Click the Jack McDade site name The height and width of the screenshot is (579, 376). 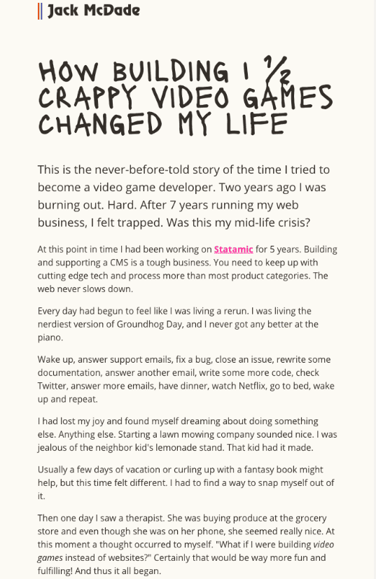click(x=94, y=11)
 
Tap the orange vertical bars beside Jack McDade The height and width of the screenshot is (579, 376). click(x=41, y=11)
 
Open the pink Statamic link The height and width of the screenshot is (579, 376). click(x=233, y=249)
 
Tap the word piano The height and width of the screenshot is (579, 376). click(x=49, y=337)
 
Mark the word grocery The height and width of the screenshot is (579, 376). click(x=311, y=518)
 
